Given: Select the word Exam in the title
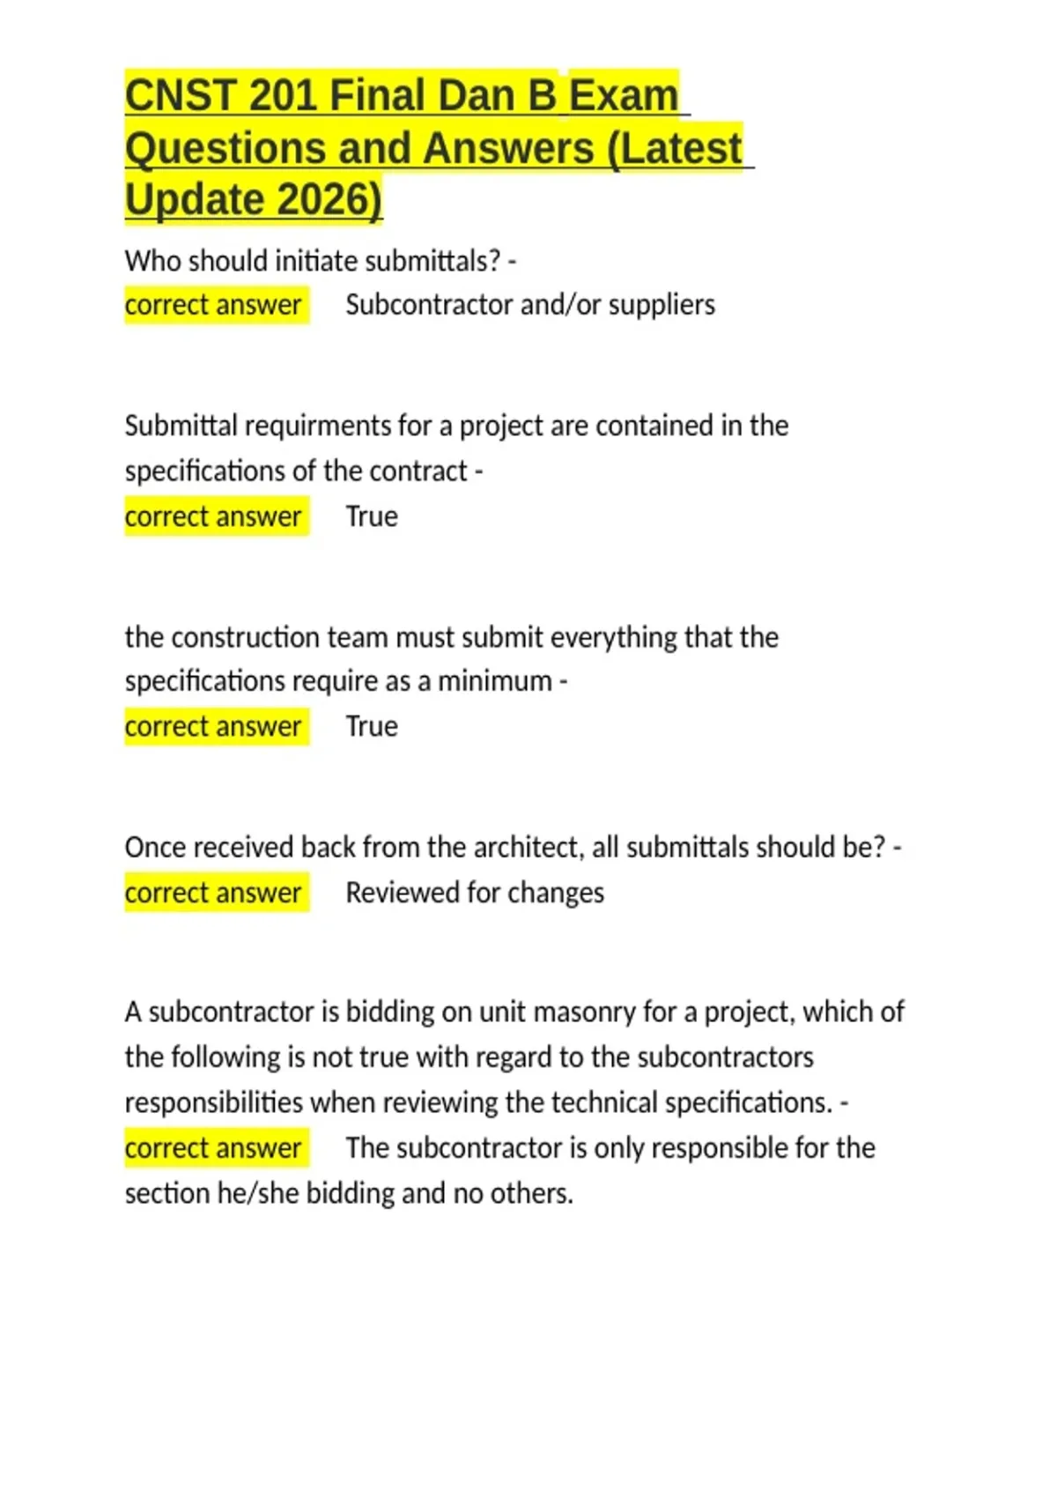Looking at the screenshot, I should coord(624,95).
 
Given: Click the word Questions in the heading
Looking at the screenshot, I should coord(224,148).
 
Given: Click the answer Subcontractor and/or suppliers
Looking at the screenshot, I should coord(530,305).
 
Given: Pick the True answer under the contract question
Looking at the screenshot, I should coord(371,516).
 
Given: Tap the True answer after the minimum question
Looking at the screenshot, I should coord(371,726).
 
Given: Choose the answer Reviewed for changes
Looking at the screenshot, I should coord(475,893).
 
